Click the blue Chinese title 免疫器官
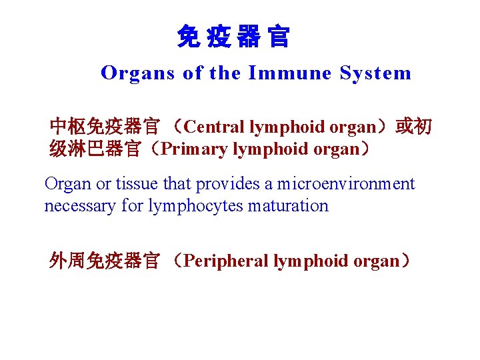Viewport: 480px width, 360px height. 233,37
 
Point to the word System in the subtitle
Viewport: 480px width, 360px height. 375,73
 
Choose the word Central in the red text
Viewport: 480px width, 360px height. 215,127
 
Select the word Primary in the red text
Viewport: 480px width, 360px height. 195,149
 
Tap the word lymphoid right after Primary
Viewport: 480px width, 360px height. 263,149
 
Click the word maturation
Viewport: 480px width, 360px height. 288,206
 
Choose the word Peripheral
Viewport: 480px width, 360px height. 226,261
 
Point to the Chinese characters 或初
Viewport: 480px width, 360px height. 413,126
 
